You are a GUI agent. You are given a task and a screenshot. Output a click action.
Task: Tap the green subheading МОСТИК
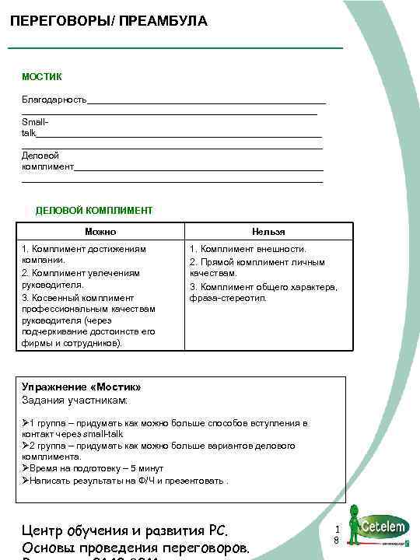[42, 77]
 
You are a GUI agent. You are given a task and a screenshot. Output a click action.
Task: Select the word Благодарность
[54, 99]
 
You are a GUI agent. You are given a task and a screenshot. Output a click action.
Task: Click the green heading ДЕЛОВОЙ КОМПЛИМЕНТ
[94, 210]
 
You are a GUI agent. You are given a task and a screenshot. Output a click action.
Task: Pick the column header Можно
[100, 232]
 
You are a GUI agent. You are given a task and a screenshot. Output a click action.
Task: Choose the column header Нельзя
[268, 232]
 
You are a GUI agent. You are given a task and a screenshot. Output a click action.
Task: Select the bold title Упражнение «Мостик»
[82, 387]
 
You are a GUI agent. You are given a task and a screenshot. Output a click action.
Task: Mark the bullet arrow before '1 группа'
[26, 423]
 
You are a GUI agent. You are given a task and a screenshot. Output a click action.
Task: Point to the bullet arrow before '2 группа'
[26, 446]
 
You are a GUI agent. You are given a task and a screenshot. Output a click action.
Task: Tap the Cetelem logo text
[383, 526]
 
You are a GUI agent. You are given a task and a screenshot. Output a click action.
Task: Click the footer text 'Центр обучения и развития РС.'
[125, 531]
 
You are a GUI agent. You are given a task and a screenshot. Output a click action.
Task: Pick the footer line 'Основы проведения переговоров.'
[136, 549]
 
